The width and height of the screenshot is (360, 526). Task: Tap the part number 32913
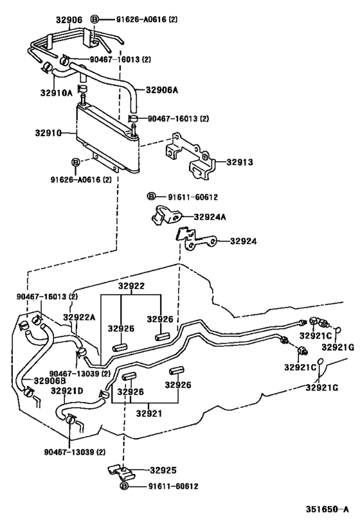pyautogui.click(x=239, y=162)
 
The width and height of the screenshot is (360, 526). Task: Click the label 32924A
pyautogui.click(x=211, y=217)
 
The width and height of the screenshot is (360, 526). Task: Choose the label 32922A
pyautogui.click(x=79, y=317)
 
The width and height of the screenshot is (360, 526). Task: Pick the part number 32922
pyautogui.click(x=130, y=286)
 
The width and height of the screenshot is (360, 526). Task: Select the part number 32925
pyautogui.click(x=163, y=471)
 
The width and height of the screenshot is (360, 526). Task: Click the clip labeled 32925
pyautogui.click(x=122, y=473)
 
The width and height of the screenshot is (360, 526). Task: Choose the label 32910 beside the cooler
pyautogui.click(x=49, y=135)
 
